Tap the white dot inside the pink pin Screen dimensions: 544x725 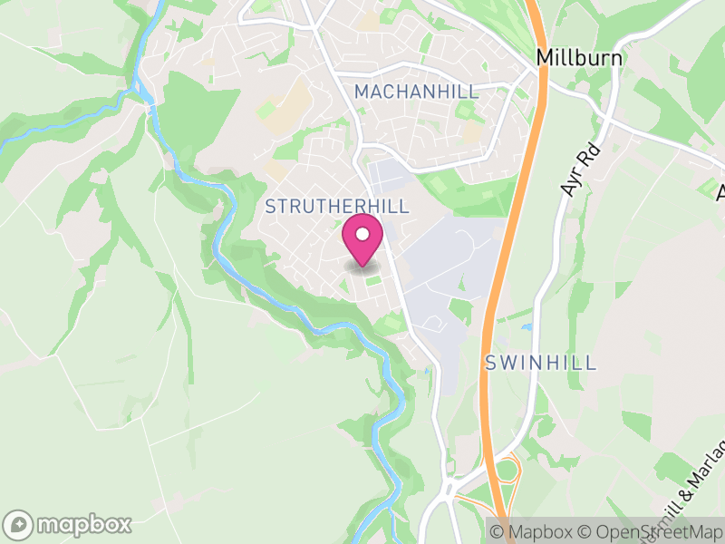[362, 235]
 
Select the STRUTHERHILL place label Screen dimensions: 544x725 [337, 207]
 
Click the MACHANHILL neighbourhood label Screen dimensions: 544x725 [416, 92]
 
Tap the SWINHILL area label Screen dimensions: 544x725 [540, 363]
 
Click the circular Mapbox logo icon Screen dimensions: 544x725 [18, 524]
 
